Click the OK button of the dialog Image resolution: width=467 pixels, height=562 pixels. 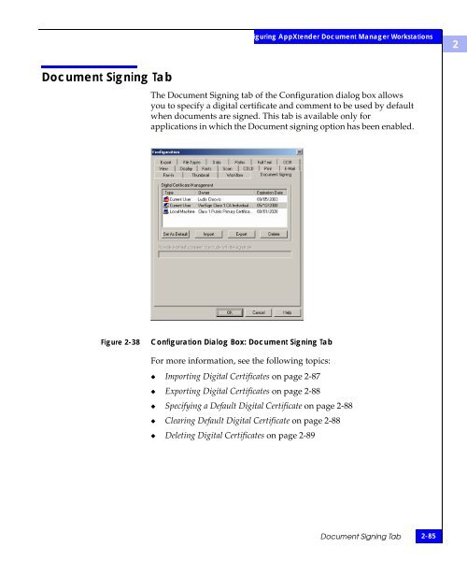[x=227, y=311]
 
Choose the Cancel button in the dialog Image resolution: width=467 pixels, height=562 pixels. [x=258, y=311]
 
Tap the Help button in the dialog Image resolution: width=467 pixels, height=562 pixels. [x=288, y=311]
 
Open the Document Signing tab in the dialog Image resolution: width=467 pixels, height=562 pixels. [x=276, y=174]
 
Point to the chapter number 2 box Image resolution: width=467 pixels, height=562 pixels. [x=453, y=44]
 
